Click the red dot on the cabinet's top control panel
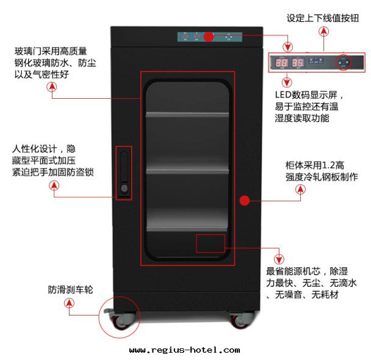click(208, 37)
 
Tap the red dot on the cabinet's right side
click(244, 200)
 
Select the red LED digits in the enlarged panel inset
click(290, 63)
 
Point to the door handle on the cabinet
click(124, 173)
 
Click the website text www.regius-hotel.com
click(185, 350)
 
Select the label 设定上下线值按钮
click(323, 18)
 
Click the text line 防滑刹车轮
click(70, 289)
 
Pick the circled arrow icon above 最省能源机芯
click(279, 257)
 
